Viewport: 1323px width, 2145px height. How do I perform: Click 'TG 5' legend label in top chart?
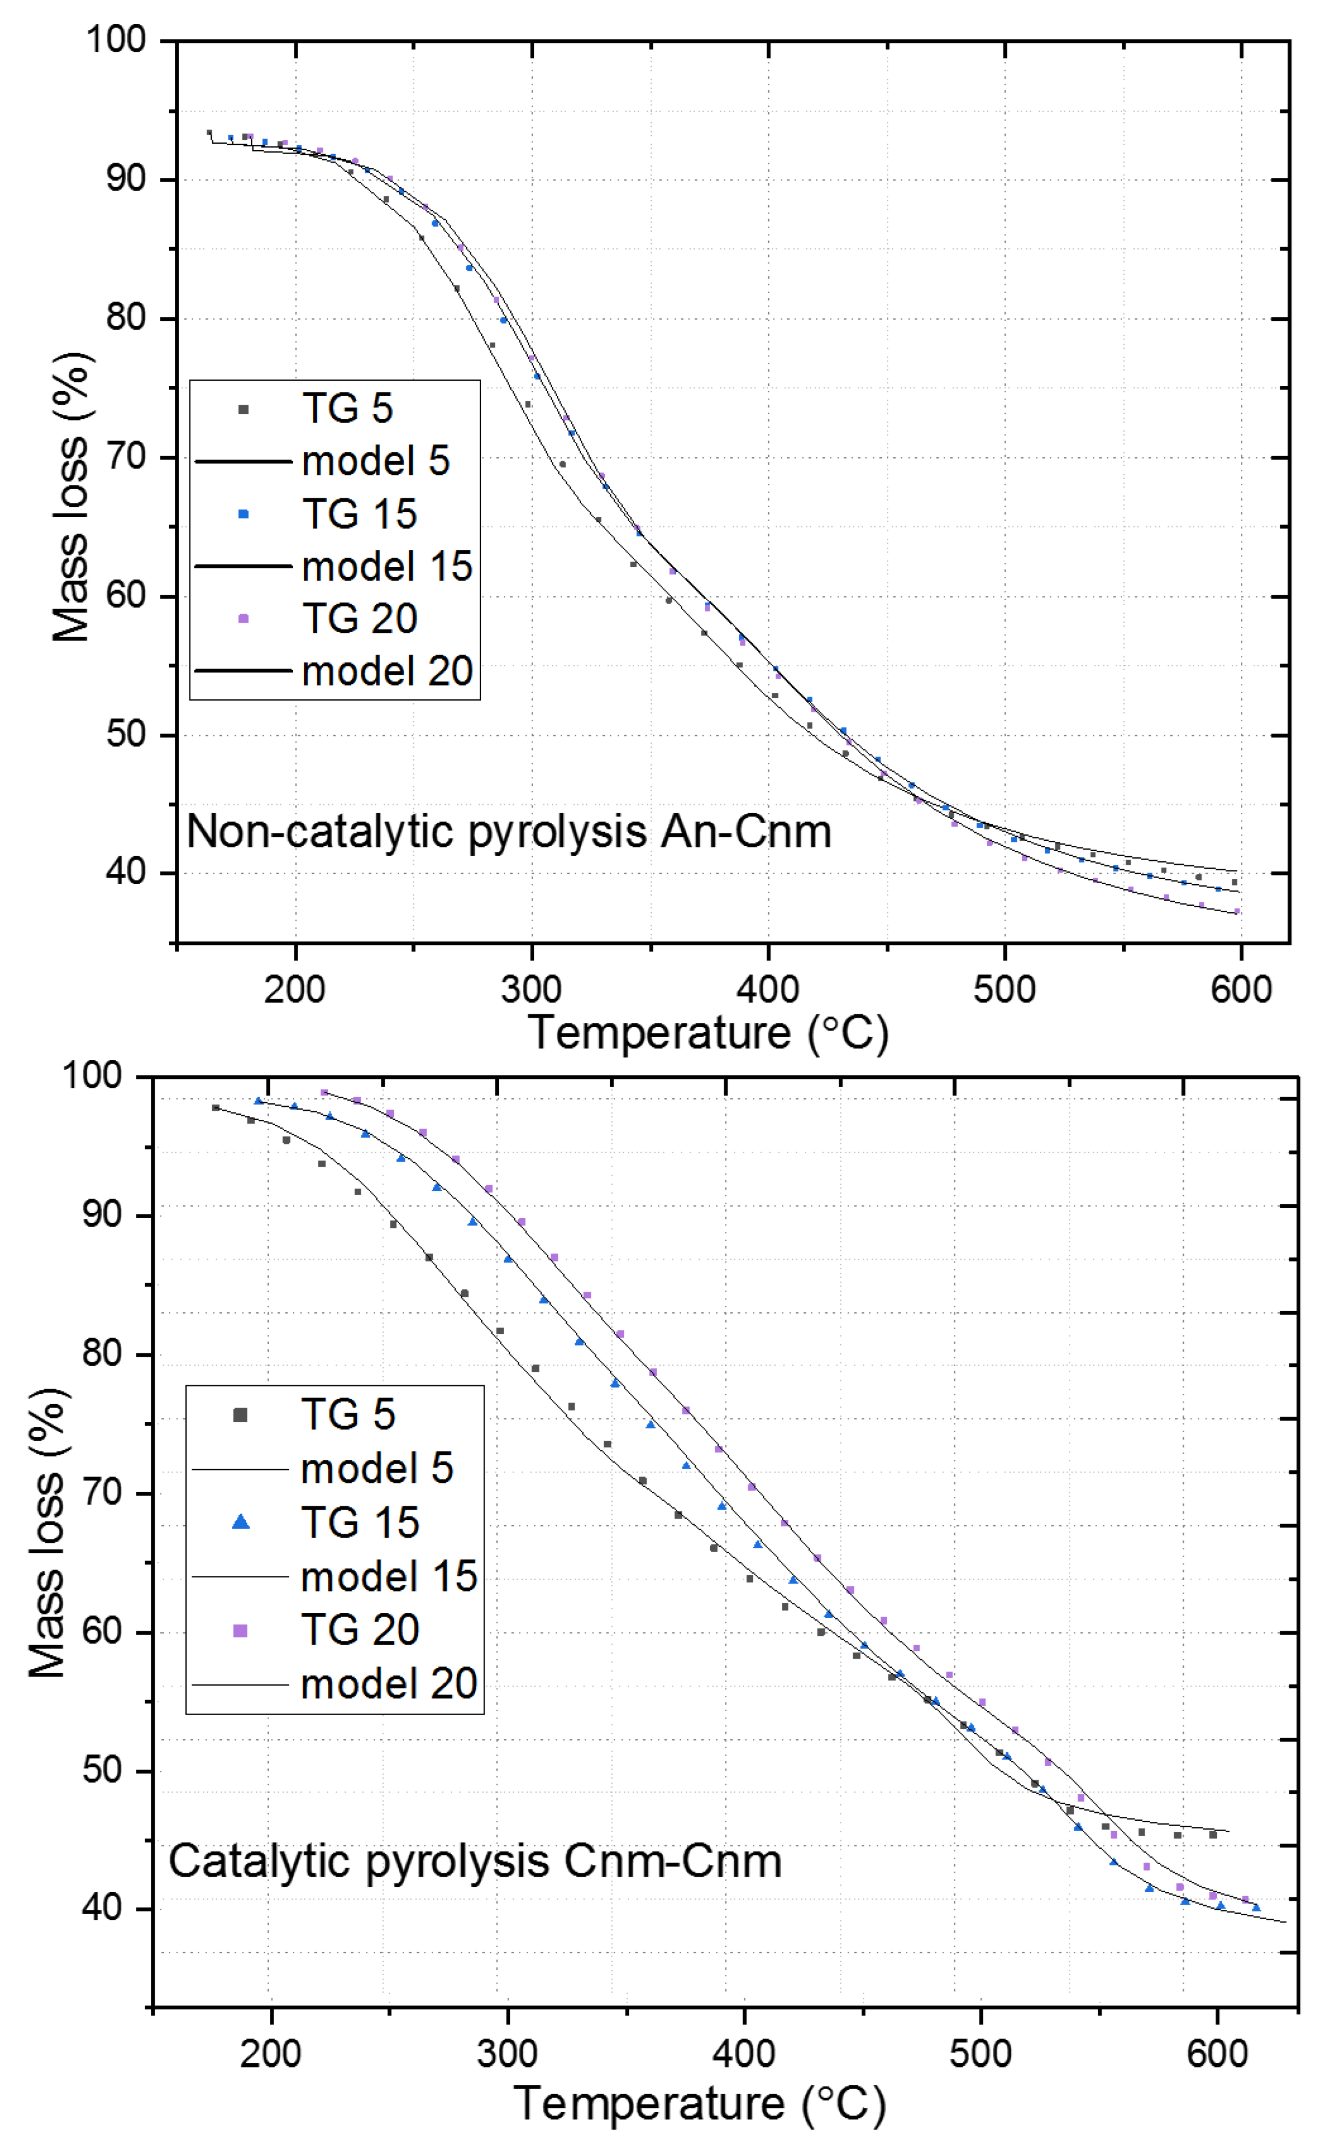click(348, 409)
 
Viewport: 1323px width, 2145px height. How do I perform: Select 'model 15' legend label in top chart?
click(387, 566)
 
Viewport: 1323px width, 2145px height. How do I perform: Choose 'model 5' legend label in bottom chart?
click(377, 1469)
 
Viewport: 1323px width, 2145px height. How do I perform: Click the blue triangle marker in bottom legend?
click(241, 1523)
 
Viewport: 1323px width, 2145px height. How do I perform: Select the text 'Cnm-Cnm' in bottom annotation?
click(672, 1861)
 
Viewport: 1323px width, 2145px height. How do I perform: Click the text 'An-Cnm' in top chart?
click(745, 832)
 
